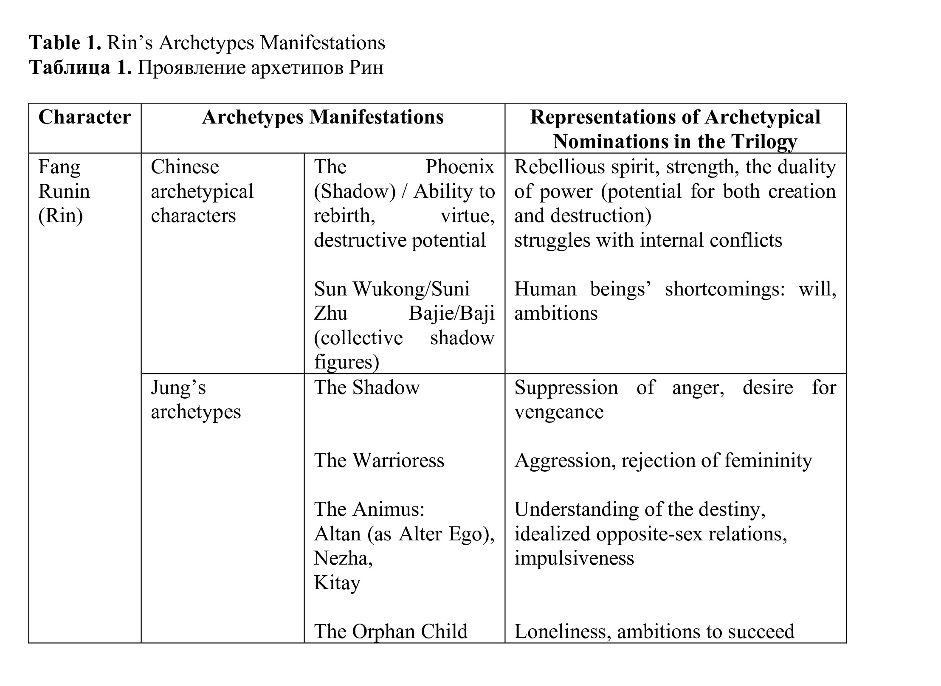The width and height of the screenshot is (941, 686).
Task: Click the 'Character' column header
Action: tap(85, 117)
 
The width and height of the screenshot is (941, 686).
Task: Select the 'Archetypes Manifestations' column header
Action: tap(322, 117)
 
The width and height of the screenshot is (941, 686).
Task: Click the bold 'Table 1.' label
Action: tap(65, 43)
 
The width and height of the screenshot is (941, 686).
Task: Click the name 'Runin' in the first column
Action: tap(64, 191)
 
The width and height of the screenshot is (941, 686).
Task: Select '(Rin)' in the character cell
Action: tap(60, 216)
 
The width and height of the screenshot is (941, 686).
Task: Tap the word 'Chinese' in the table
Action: tap(185, 167)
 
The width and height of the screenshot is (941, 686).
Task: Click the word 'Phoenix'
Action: tap(459, 167)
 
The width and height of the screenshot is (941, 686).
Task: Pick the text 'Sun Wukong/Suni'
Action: tap(392, 289)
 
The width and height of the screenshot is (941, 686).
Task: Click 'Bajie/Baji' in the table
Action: tap(451, 314)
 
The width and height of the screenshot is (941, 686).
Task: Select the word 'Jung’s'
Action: tap(178, 388)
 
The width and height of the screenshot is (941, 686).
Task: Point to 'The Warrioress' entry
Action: tap(379, 461)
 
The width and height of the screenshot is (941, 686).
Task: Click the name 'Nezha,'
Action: tap(343, 558)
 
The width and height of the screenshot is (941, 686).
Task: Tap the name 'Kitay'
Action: tap(337, 583)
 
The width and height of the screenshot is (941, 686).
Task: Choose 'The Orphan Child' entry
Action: tap(391, 631)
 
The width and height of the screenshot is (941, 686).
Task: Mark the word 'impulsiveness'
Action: tap(574, 558)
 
